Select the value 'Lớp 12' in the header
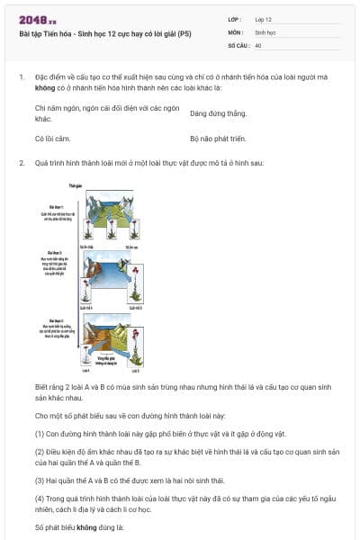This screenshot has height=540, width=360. pyautogui.click(x=265, y=19)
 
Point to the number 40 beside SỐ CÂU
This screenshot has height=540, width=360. pyautogui.click(x=258, y=44)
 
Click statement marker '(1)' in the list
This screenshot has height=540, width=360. pyautogui.click(x=40, y=431)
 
